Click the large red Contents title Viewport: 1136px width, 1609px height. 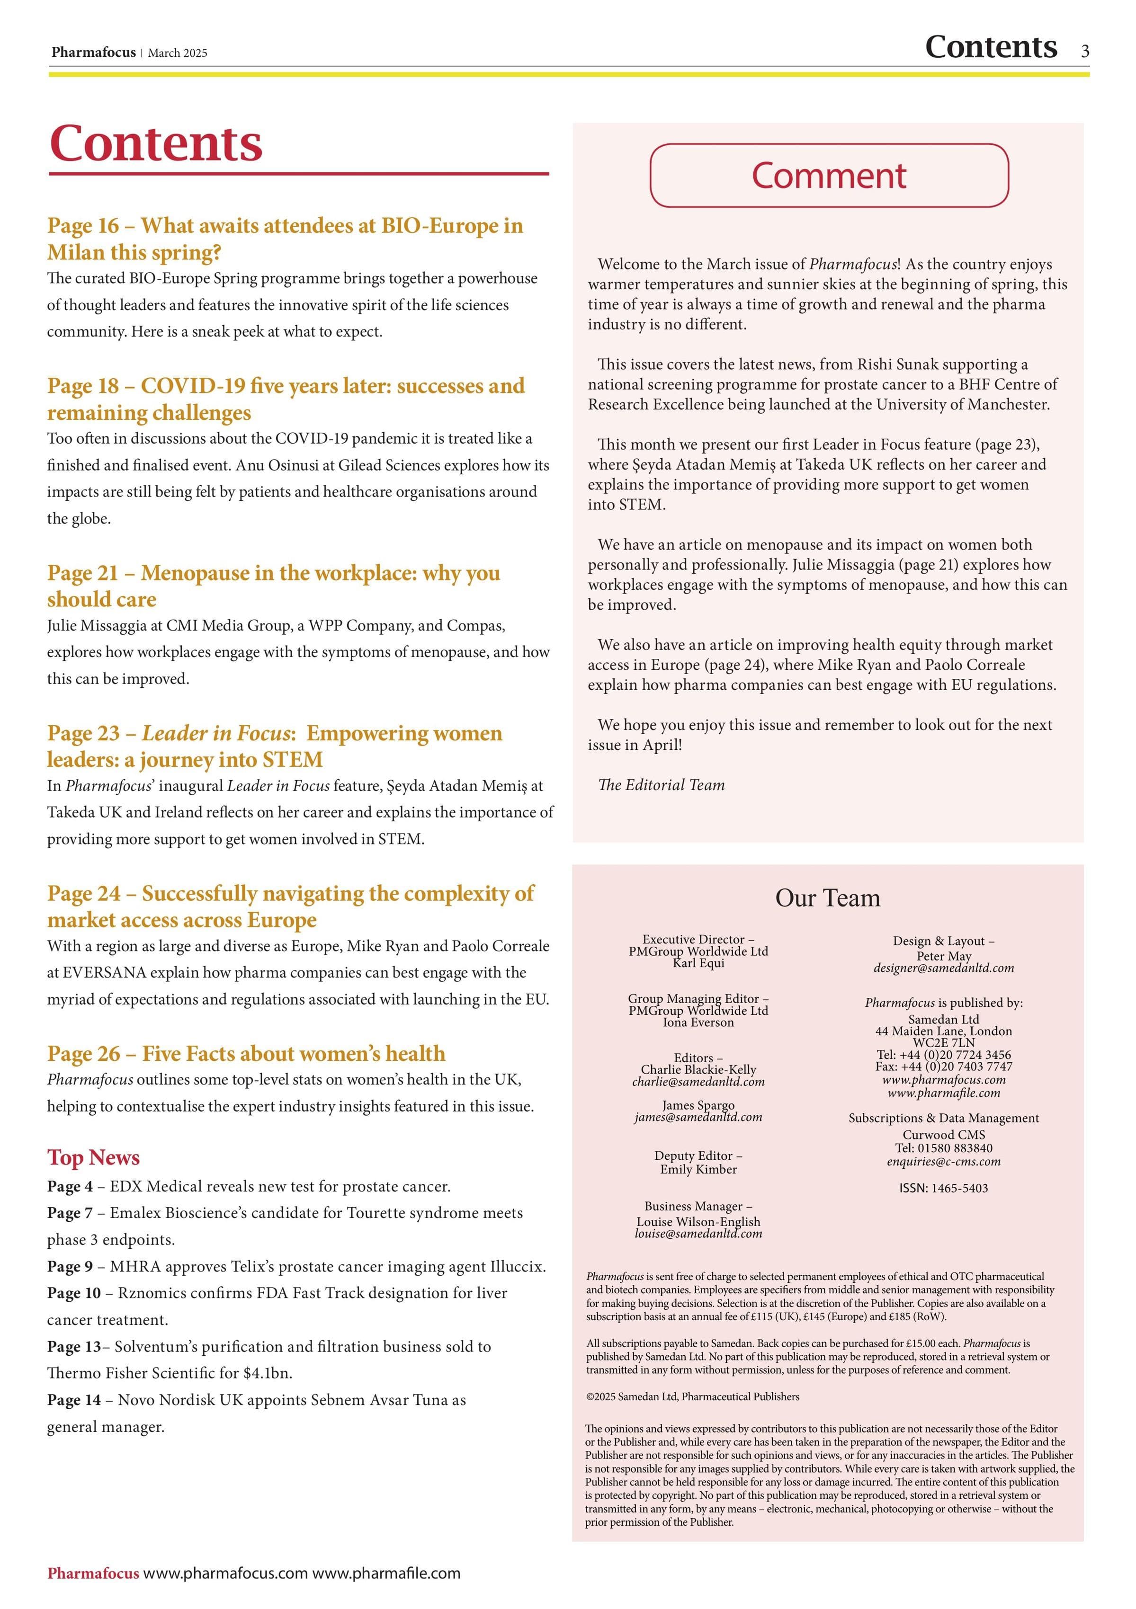156,143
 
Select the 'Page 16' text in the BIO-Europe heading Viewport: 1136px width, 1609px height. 83,226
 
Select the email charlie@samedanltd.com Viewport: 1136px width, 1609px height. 698,1082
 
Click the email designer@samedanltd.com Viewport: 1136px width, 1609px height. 943,969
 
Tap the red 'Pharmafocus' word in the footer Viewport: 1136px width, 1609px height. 93,1573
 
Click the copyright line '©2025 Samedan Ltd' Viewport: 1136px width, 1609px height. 692,1396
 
